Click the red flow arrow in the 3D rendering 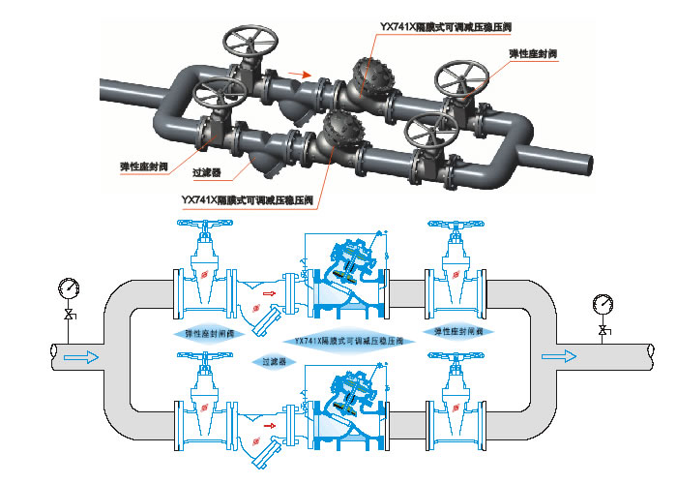pos(301,74)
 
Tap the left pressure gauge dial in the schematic pos(68,287)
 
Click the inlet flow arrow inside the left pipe pos(81,357)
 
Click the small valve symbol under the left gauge pos(68,316)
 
